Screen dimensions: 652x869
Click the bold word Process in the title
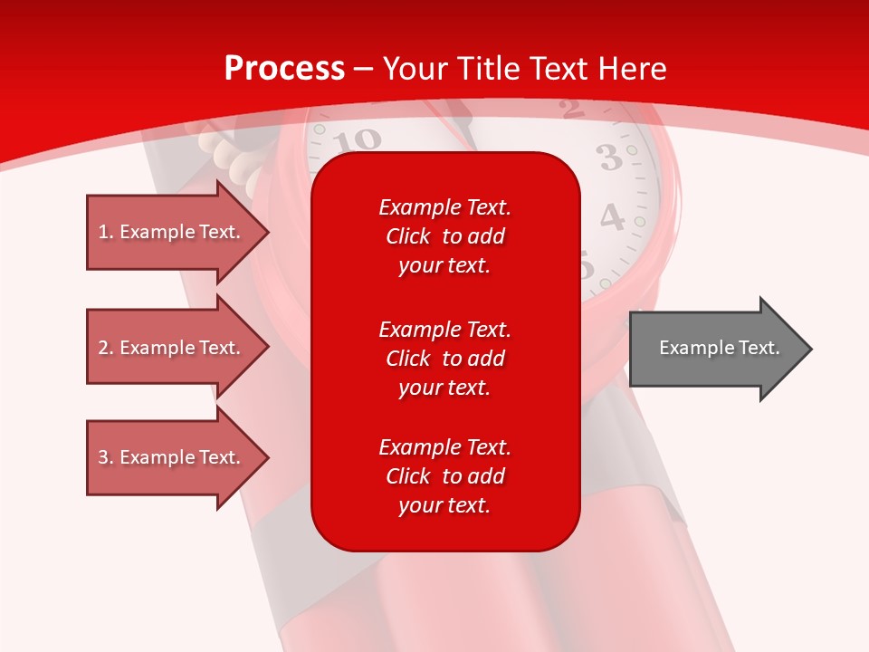point(284,69)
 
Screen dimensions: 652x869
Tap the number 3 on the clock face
point(612,158)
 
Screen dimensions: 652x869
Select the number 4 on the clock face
point(613,217)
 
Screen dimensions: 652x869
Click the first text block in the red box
point(444,236)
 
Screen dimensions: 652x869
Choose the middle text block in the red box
point(444,359)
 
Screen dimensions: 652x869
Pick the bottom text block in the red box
point(444,476)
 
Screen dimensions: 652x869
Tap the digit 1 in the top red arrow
point(103,233)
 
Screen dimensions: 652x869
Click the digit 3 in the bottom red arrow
point(103,458)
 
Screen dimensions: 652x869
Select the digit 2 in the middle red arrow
point(103,349)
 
